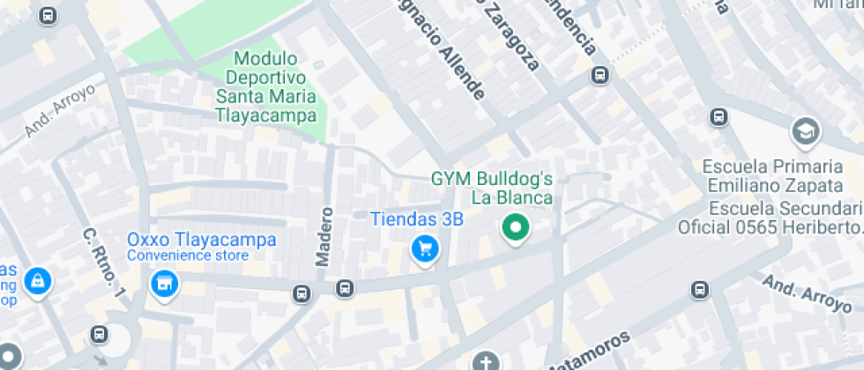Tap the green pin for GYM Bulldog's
[x=515, y=229]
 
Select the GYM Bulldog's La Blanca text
[x=492, y=188]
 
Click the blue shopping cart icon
[x=426, y=250]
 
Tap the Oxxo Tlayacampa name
[x=201, y=240]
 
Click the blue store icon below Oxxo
[x=163, y=285]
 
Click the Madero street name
[x=324, y=235]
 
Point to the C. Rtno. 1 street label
[x=104, y=263]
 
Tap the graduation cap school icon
[x=805, y=132]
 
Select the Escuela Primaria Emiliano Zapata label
[x=772, y=175]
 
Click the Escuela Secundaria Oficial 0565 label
[x=770, y=218]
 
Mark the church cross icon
[x=485, y=362]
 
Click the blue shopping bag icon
[x=37, y=282]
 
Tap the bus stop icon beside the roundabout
[x=99, y=335]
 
